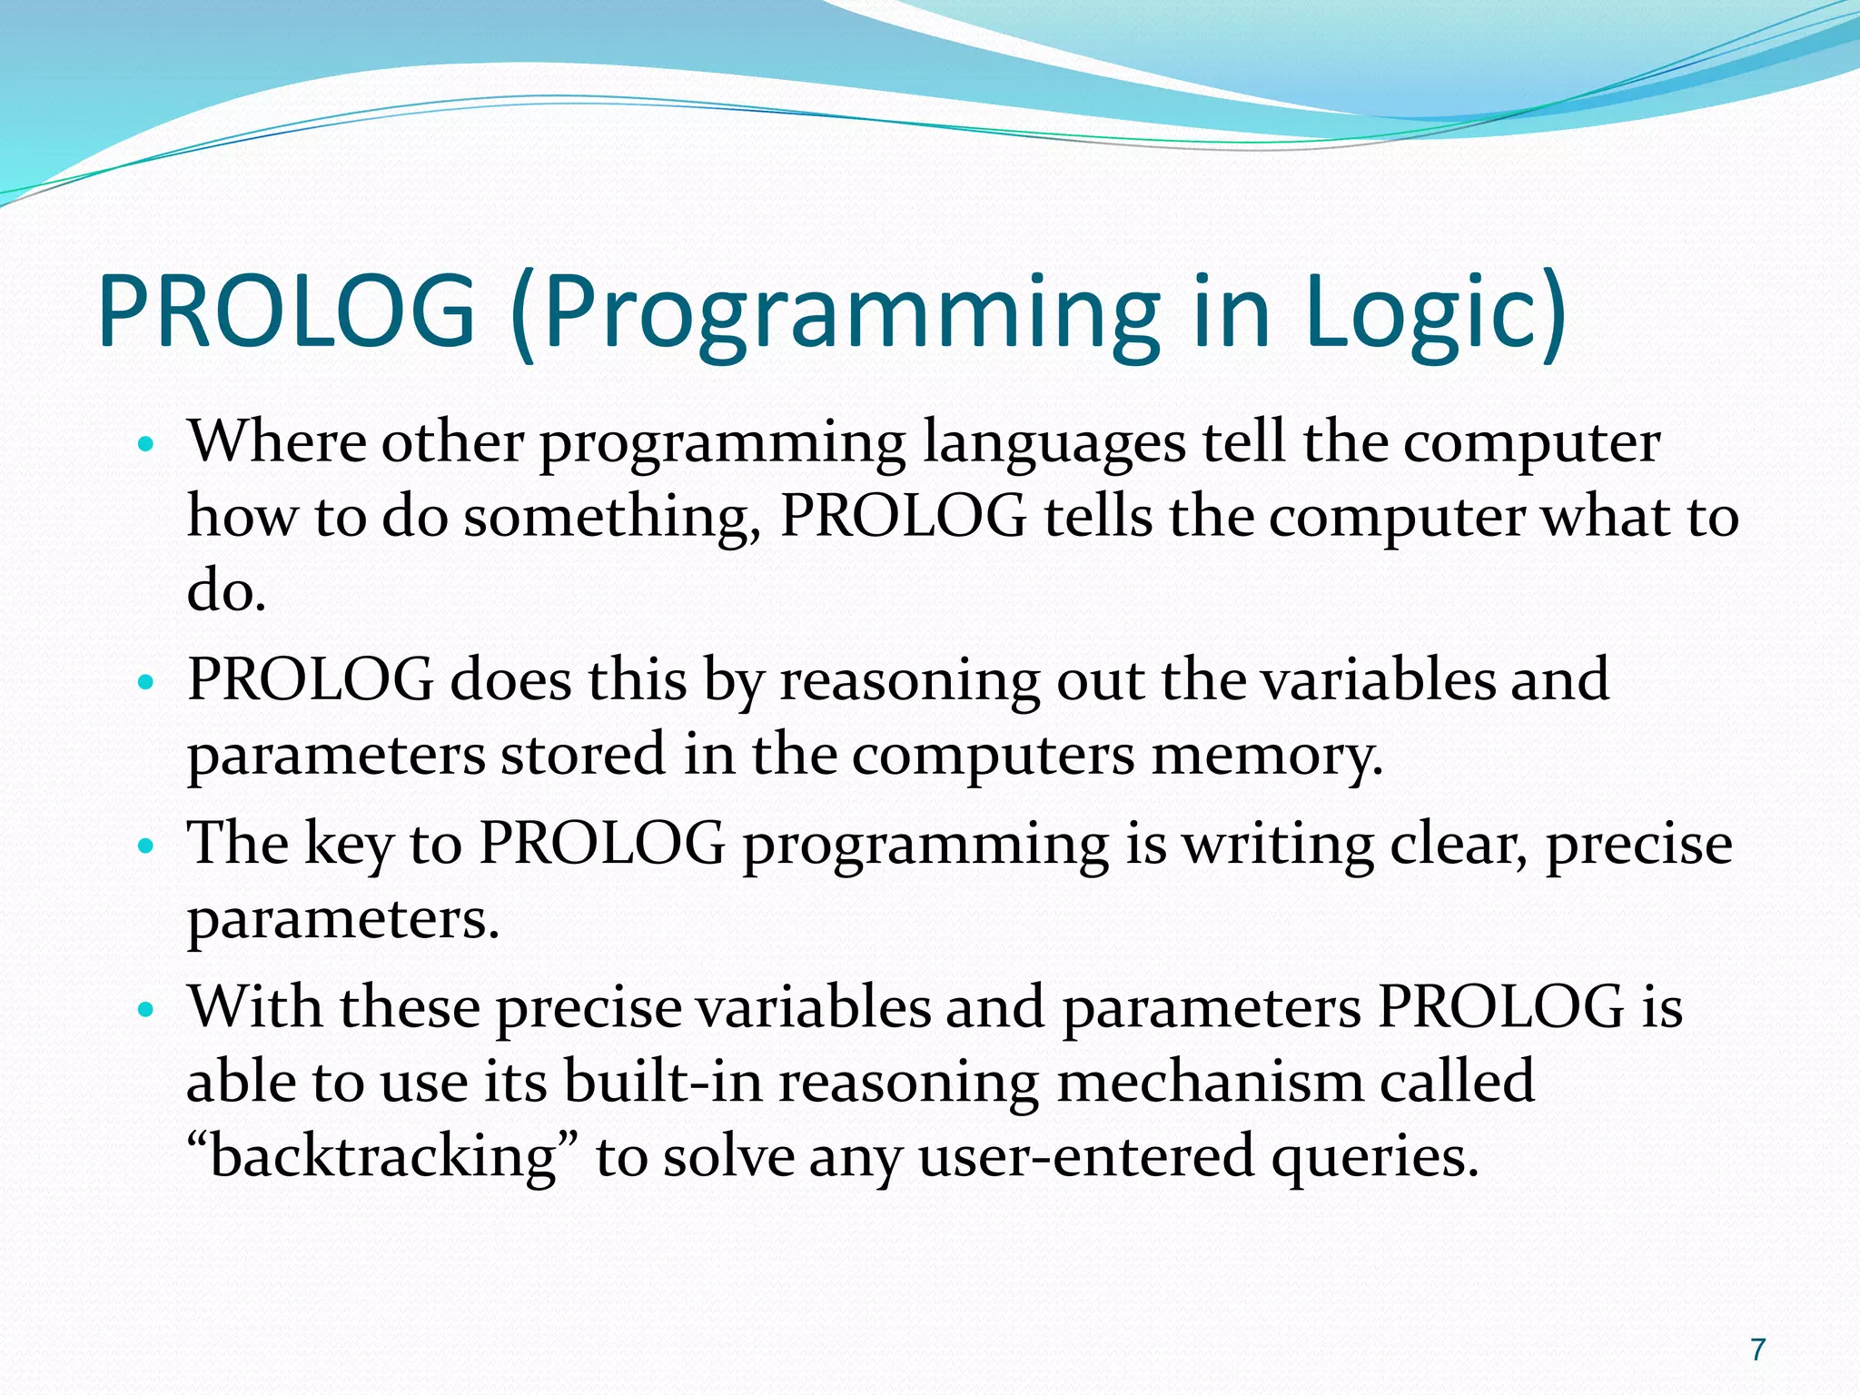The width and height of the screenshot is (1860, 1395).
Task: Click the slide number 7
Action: point(1758,1350)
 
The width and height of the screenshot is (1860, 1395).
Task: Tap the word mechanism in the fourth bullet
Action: point(1209,1083)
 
